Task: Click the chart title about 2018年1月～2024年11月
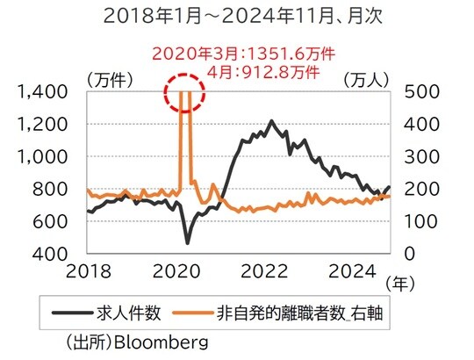[237, 16]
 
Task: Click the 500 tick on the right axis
[416, 91]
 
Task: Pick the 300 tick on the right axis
[416, 156]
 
